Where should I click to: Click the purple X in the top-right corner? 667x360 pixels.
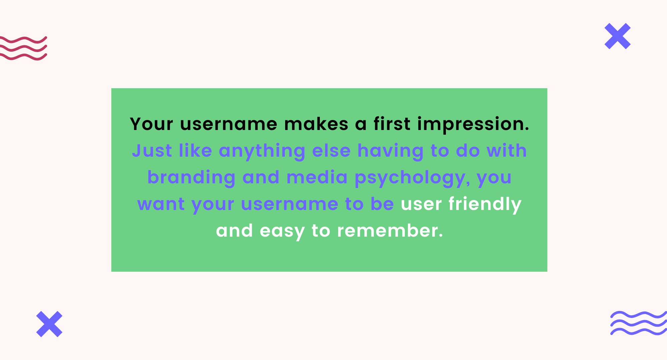pos(618,36)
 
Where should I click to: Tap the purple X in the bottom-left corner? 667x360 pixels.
pos(49,324)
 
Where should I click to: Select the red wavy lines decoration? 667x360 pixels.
pos(23,48)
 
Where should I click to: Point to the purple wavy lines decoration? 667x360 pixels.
pos(639,323)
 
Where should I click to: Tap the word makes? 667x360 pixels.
pos(316,124)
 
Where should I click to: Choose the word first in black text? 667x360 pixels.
pos(392,124)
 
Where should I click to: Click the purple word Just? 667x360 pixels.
pos(152,151)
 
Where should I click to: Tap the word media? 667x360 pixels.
pos(317,177)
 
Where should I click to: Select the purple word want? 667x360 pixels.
pos(161,204)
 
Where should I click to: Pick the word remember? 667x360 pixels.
pos(390,231)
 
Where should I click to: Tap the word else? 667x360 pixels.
pos(331,151)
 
